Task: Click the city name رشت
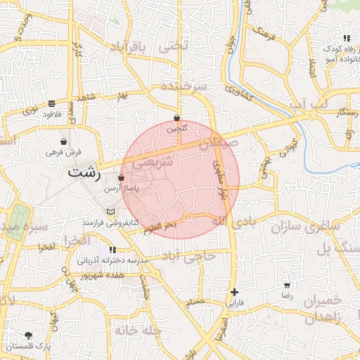84,172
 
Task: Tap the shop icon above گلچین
176,118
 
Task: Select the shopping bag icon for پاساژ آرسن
122,179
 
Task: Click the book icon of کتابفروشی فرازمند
109,212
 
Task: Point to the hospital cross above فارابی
234,292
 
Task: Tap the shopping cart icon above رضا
287,285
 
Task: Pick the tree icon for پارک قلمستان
28,335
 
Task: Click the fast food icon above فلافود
51,103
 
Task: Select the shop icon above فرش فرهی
64,141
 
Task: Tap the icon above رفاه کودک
346,39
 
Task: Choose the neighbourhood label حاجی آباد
188,257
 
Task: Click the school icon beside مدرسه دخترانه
112,250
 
